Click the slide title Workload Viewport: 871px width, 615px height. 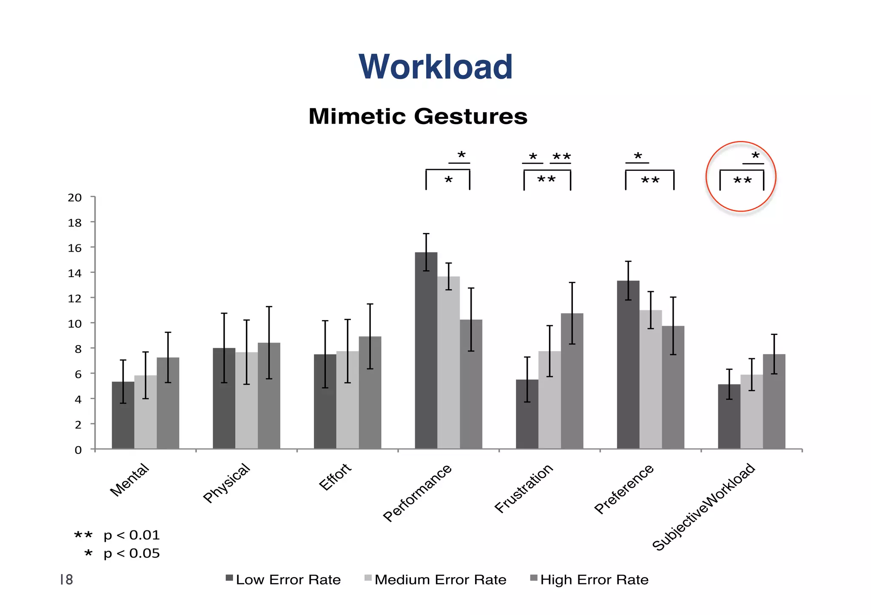point(435,67)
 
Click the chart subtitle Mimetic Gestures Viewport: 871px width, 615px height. point(418,116)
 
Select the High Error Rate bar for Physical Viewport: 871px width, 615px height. point(269,395)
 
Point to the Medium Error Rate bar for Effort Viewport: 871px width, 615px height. point(347,400)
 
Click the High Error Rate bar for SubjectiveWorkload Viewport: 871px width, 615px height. point(774,401)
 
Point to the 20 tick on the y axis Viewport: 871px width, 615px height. point(75,198)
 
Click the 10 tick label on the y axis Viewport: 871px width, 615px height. point(75,324)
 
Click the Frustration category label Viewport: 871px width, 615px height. point(524,488)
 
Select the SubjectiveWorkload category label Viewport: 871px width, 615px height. point(704,507)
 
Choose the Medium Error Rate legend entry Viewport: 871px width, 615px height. point(440,580)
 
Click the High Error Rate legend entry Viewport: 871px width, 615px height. point(594,580)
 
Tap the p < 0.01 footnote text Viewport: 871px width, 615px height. point(131,535)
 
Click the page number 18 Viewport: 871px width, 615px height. point(66,580)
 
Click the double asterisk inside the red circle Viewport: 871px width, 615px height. point(743,181)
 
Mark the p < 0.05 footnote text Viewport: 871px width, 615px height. point(131,553)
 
